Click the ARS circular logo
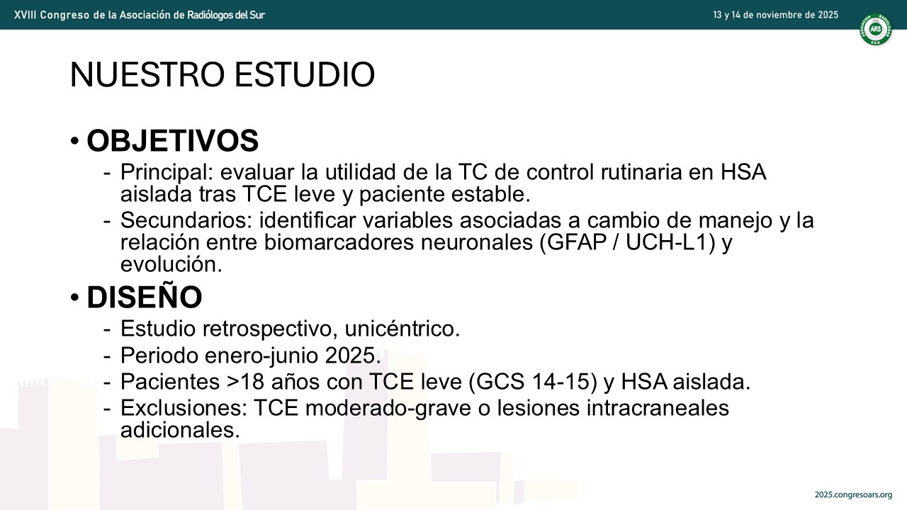[875, 29]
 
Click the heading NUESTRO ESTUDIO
[222, 74]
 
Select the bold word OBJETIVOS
[172, 141]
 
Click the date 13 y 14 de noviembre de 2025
[776, 15]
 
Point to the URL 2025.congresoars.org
[854, 495]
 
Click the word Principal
[167, 173]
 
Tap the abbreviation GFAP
[577, 242]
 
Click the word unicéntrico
[402, 328]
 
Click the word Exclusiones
[184, 407]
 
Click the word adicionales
[180, 429]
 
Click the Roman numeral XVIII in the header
[24, 15]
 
